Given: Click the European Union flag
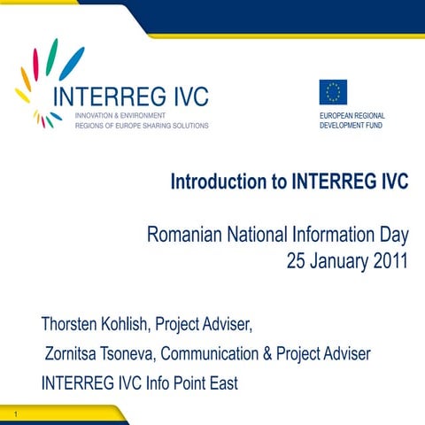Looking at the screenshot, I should (333, 92).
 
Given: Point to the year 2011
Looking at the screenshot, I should (387, 262).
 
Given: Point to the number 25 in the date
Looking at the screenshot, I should (298, 262).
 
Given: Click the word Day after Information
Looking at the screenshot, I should (391, 236).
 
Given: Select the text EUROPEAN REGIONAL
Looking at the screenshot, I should (352, 116).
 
